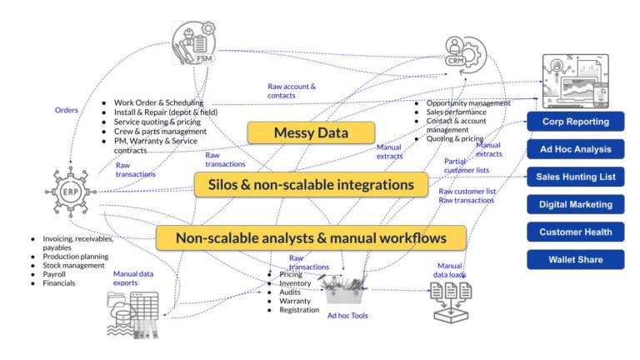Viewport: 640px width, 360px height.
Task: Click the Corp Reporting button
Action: (575, 122)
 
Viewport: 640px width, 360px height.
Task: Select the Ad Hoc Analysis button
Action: (575, 150)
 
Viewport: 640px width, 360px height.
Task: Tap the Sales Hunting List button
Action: (575, 177)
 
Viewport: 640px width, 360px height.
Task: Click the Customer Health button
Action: (575, 232)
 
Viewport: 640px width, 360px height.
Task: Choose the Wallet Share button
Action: (575, 259)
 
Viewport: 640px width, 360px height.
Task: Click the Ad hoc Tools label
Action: (347, 316)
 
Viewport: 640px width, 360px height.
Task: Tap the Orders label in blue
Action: (67, 110)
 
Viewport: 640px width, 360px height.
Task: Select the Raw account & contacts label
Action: (292, 91)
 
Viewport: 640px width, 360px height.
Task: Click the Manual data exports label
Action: (137, 277)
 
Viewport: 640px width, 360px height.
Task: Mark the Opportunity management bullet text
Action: (467, 102)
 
